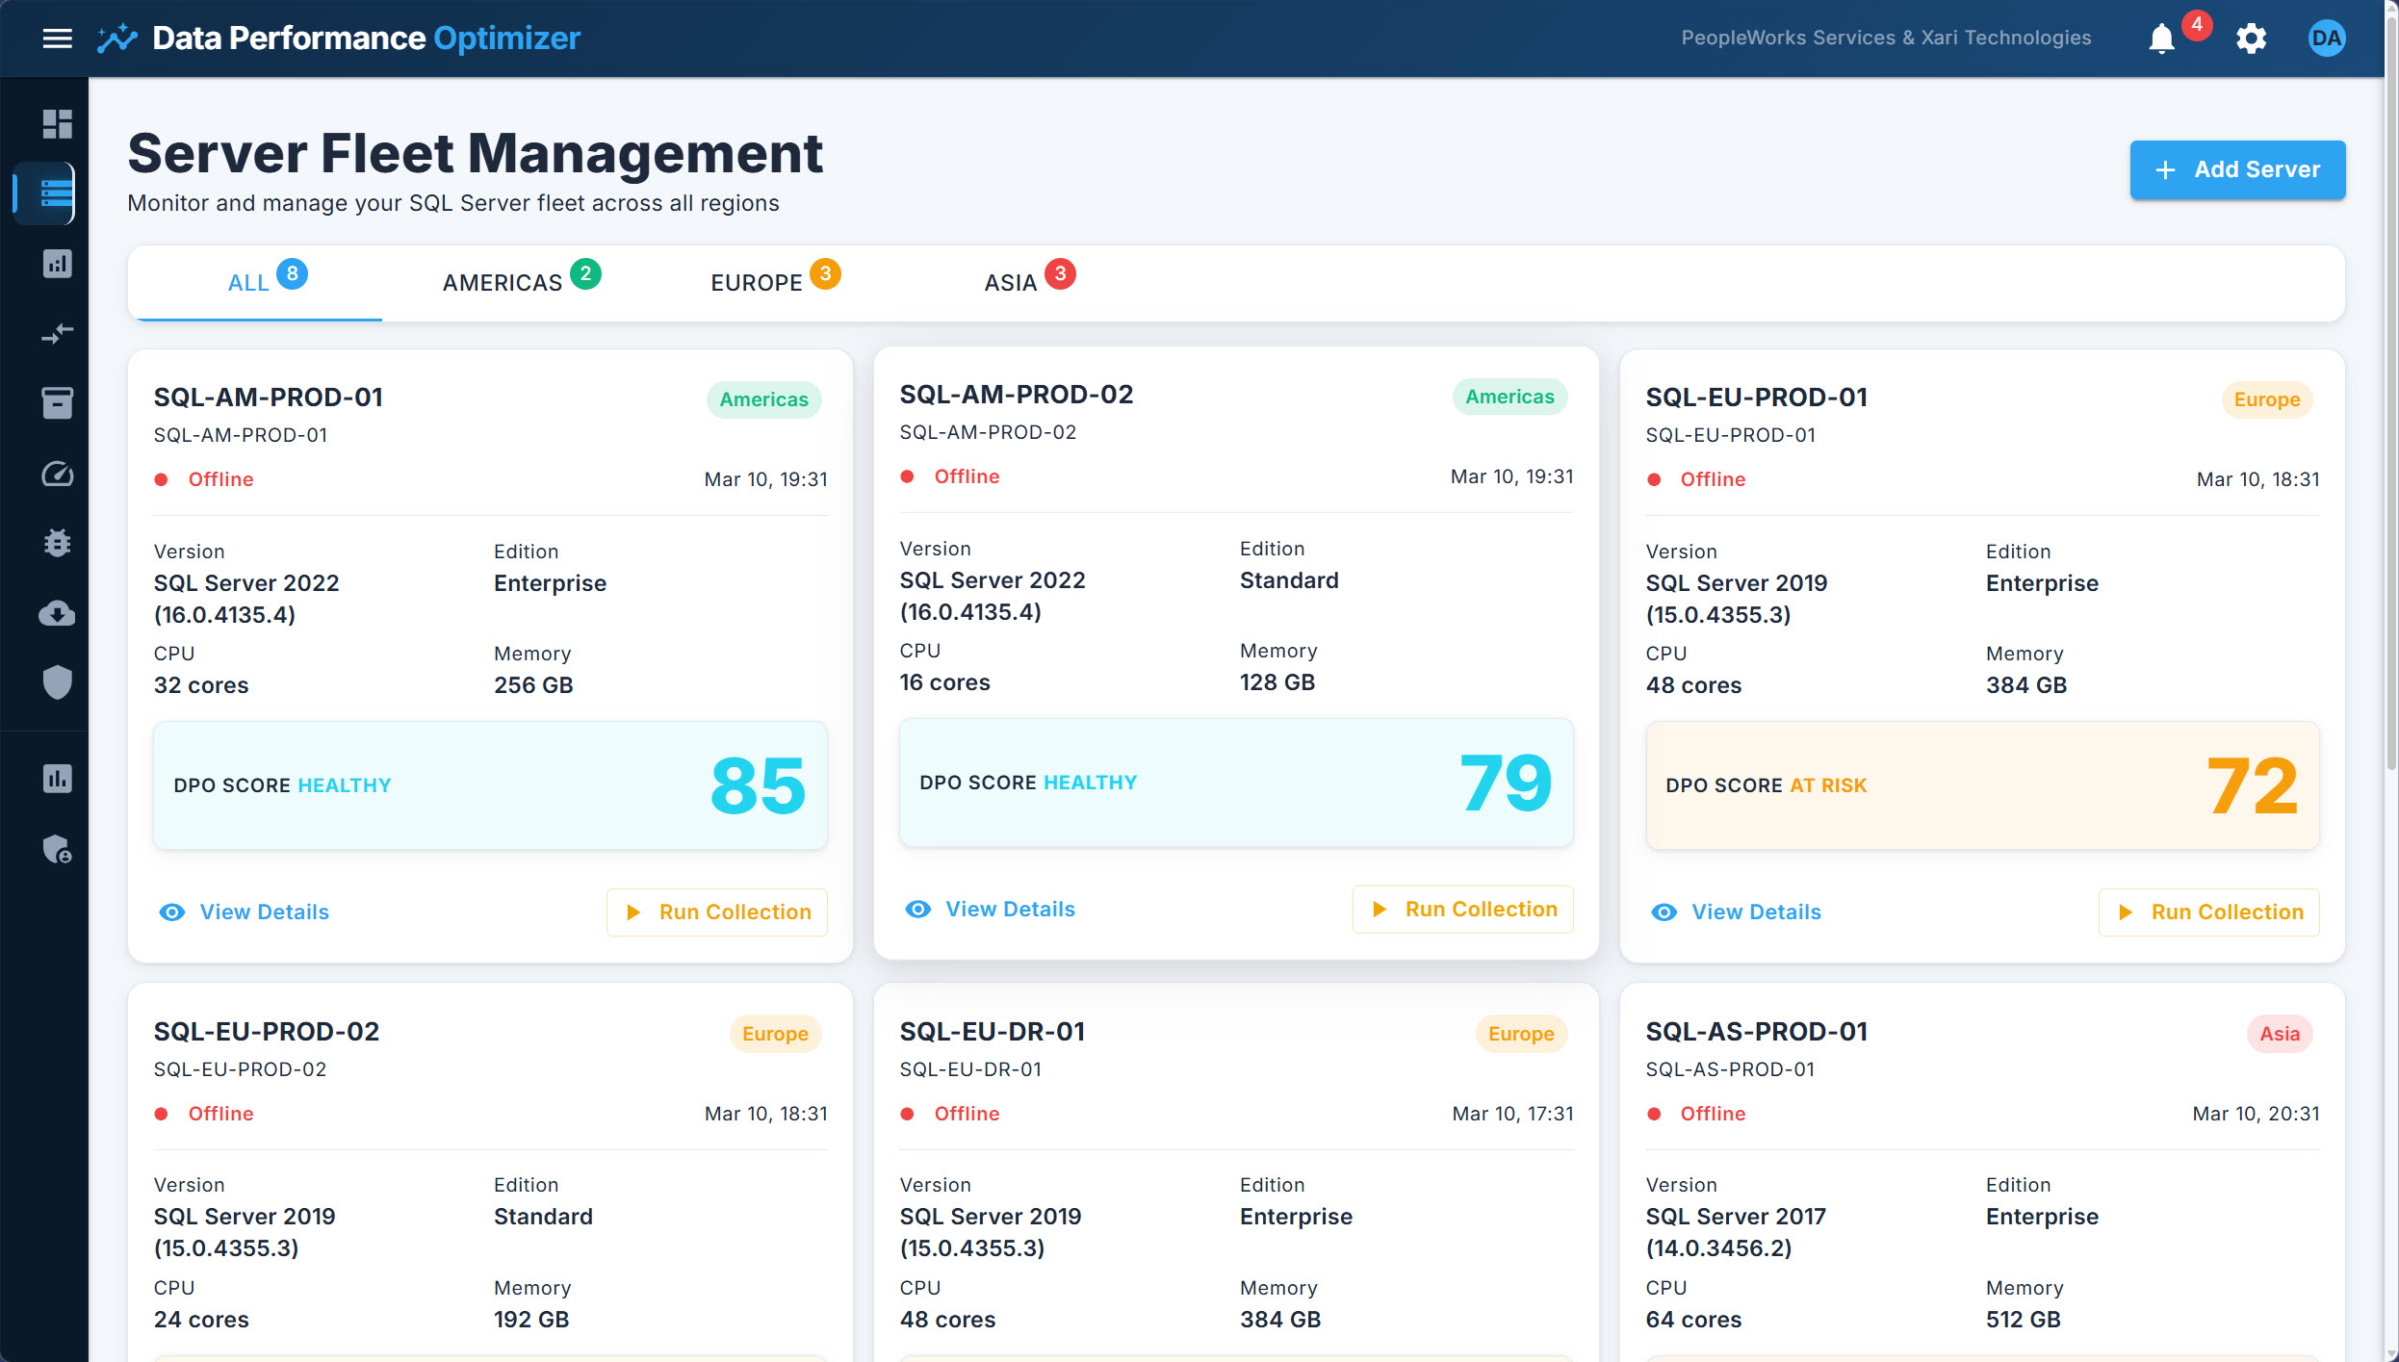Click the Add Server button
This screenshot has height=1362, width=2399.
click(2236, 170)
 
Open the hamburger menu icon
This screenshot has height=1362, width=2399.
click(58, 39)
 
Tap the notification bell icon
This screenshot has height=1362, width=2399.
click(2161, 39)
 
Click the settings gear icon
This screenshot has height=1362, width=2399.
click(2251, 39)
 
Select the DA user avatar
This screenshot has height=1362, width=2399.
click(2326, 39)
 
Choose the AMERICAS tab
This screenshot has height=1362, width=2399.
click(503, 283)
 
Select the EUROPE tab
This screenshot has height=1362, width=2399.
click(757, 283)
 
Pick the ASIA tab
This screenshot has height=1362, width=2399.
click(1011, 283)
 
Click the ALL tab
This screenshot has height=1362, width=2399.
click(248, 283)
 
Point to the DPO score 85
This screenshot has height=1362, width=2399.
click(758, 785)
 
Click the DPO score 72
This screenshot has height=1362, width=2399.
click(2252, 785)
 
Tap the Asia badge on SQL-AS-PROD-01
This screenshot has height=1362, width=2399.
click(2279, 1034)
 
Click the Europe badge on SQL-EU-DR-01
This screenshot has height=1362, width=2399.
click(1520, 1034)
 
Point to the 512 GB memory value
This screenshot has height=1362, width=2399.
click(2023, 1319)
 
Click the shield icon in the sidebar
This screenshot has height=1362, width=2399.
click(58, 682)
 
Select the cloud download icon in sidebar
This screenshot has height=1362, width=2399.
click(58, 613)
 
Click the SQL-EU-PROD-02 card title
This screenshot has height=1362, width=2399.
click(267, 1032)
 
